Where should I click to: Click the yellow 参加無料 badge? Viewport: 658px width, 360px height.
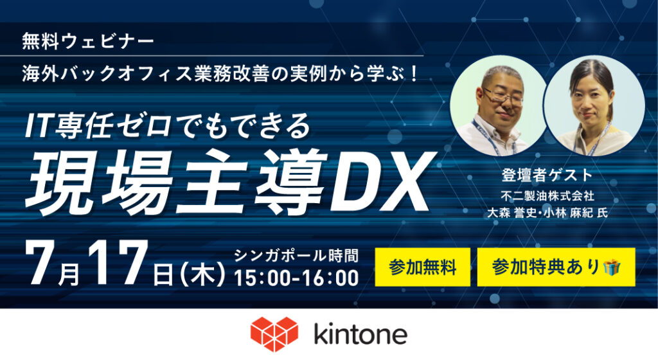[x=422, y=267]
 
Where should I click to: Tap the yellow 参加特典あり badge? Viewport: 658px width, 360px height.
[x=556, y=267]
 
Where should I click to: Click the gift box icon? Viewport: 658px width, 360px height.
[x=612, y=267]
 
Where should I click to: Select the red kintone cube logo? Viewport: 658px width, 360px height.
[x=274, y=334]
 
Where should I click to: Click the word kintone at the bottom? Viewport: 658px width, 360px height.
[x=360, y=334]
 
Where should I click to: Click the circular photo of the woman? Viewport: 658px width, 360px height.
[x=594, y=105]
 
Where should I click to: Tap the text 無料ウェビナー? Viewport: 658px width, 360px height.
[x=87, y=42]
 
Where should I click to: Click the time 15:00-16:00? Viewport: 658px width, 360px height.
[x=296, y=278]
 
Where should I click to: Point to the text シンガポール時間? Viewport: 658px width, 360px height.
[x=296, y=255]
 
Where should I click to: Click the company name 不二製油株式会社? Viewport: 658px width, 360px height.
[x=547, y=195]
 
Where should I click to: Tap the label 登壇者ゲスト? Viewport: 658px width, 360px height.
[x=547, y=175]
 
